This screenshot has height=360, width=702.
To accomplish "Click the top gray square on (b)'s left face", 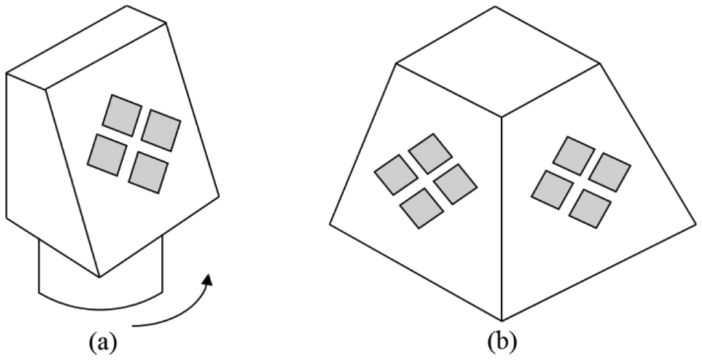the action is pyautogui.click(x=430, y=153).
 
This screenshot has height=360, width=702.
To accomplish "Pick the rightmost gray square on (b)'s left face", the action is pyautogui.click(x=455, y=184).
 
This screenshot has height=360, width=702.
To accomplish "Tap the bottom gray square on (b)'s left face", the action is pyautogui.click(x=421, y=206).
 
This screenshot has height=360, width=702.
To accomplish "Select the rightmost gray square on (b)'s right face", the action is pyautogui.click(x=609, y=171).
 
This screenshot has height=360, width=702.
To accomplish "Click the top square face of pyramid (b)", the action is pyautogui.click(x=498, y=62).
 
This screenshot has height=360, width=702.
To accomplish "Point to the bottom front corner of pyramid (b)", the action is pyautogui.click(x=502, y=320).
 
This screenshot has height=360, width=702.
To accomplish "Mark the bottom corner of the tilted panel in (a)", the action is pyautogui.click(x=100, y=276).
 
